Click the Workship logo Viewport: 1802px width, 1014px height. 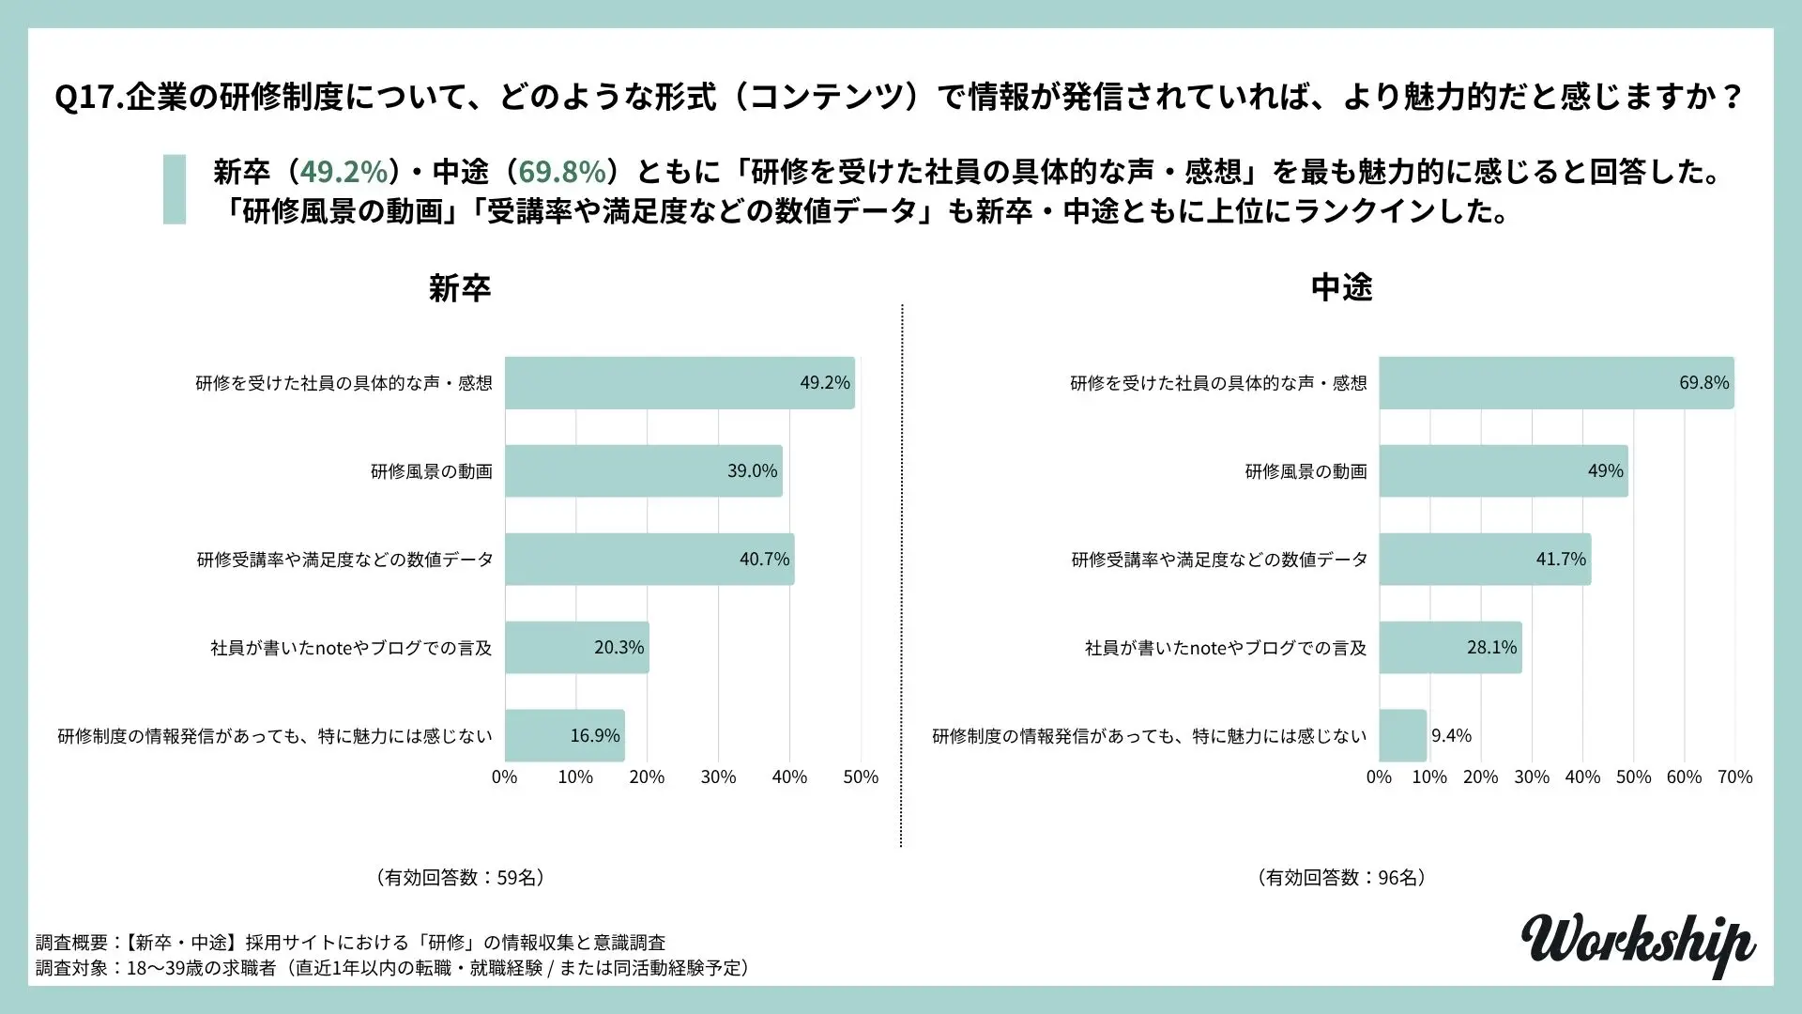tap(1637, 944)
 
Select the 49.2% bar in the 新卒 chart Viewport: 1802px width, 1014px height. tap(680, 383)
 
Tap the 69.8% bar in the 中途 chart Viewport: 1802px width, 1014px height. tap(1556, 383)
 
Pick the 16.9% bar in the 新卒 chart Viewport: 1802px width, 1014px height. tap(564, 736)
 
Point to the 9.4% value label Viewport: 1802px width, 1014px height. tap(1451, 736)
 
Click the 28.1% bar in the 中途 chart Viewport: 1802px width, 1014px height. tap(1450, 648)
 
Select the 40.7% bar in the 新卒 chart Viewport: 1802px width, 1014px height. tap(649, 560)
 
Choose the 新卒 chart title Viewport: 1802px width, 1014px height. tap(460, 287)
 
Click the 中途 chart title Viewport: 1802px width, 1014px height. tap(1341, 287)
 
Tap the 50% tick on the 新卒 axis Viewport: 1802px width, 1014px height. tap(861, 777)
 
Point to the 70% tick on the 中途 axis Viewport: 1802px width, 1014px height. tap(1734, 777)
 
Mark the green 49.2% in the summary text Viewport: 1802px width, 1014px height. tap(344, 172)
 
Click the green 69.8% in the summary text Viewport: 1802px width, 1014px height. tap(562, 172)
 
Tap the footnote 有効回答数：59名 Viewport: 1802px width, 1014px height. tap(460, 878)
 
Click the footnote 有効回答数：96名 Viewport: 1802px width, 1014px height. tap(1341, 878)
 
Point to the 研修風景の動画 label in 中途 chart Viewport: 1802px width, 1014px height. tap(1306, 471)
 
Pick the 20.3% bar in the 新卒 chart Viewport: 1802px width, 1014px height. tap(576, 648)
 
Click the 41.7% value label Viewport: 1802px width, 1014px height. tap(1561, 560)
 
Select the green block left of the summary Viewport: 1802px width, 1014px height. tap(175, 190)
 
